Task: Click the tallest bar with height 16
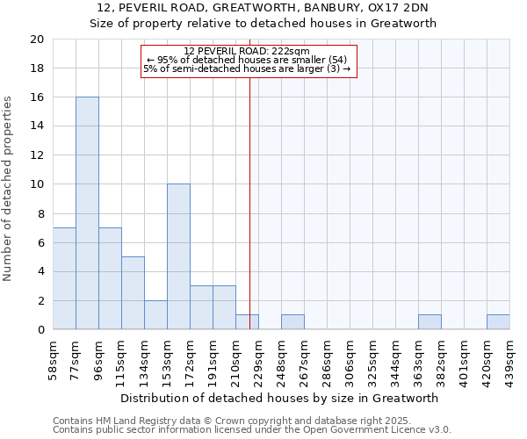(x=87, y=213)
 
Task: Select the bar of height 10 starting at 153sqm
(x=178, y=257)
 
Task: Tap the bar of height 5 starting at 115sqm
(x=133, y=293)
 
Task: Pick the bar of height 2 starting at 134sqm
(x=155, y=315)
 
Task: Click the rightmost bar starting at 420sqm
(x=498, y=322)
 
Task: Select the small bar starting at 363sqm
(x=430, y=322)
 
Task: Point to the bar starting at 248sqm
(x=292, y=322)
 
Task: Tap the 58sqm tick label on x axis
(x=54, y=357)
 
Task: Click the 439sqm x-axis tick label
(x=510, y=357)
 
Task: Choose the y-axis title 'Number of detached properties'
(x=9, y=189)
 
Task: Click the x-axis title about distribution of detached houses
(x=280, y=398)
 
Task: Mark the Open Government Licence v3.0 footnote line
(x=252, y=430)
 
